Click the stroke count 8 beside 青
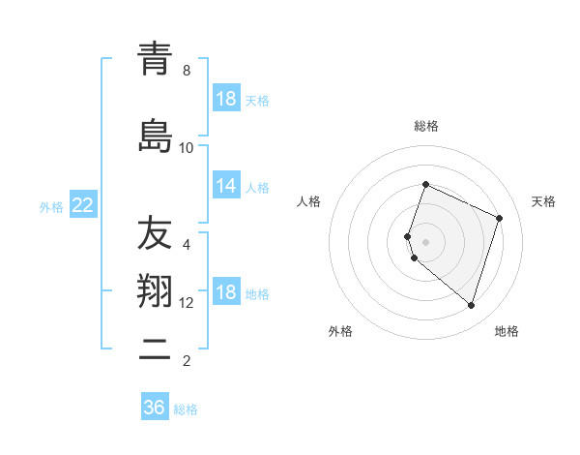[x=187, y=71]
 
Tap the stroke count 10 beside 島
[x=187, y=147]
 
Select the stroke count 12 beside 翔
[x=187, y=302]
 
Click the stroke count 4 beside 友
[x=187, y=244]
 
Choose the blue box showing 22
[x=82, y=205]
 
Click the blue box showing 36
[x=154, y=408]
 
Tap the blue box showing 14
[x=226, y=186]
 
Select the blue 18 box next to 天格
[x=226, y=99]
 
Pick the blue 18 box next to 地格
[x=226, y=292]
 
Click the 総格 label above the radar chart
[x=426, y=126]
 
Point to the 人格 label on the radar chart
[x=308, y=201]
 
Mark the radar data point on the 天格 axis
[x=500, y=218]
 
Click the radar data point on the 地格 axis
[x=471, y=305]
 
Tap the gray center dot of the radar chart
[x=426, y=242]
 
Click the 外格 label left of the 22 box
[x=51, y=206]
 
